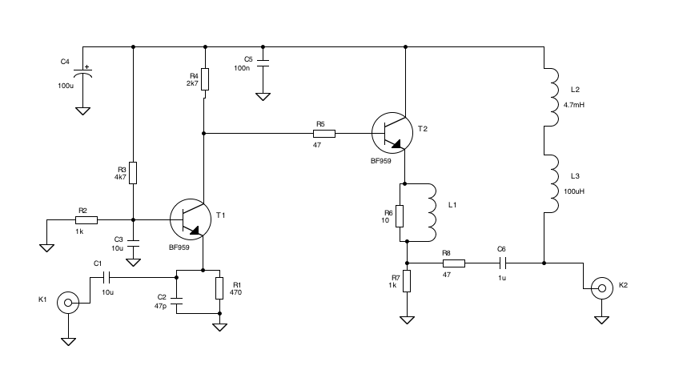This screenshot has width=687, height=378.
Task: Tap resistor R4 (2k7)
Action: [x=205, y=79]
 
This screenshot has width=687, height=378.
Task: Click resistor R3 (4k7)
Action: [x=133, y=172]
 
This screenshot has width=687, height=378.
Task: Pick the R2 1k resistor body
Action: [x=86, y=219]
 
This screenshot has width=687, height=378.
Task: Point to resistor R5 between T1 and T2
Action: [x=323, y=133]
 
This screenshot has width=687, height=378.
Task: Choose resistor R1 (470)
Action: [x=219, y=289]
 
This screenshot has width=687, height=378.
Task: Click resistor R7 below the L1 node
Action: [x=407, y=281]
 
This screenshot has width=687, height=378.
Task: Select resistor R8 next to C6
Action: [x=454, y=263]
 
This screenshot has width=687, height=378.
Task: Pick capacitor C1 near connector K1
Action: [x=108, y=277]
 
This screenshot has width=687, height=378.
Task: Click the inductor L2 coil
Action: [x=551, y=97]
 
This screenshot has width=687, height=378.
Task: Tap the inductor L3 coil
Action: [x=551, y=183]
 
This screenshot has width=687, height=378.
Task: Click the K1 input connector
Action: [x=69, y=303]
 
